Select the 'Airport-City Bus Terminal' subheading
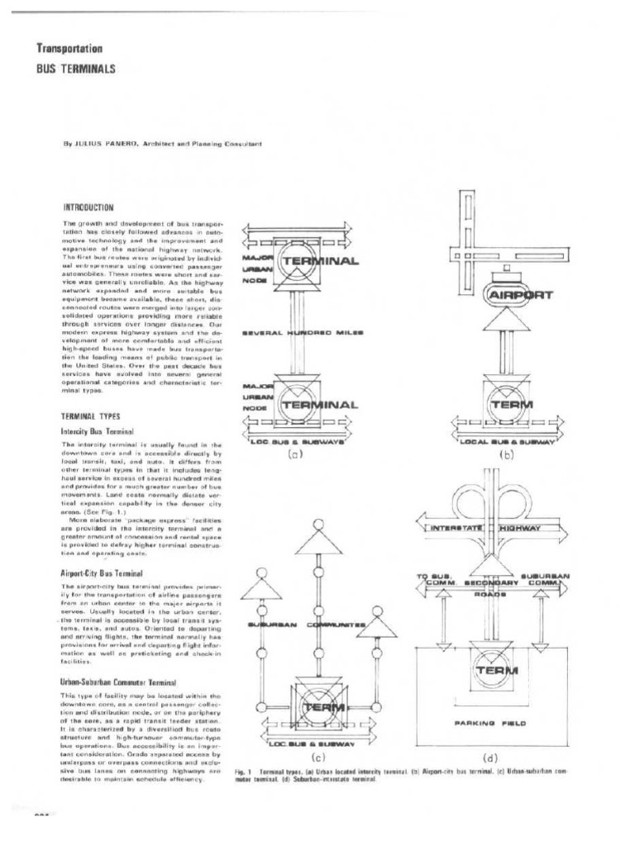102,573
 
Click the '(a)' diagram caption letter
295,453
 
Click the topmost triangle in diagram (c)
319,540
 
